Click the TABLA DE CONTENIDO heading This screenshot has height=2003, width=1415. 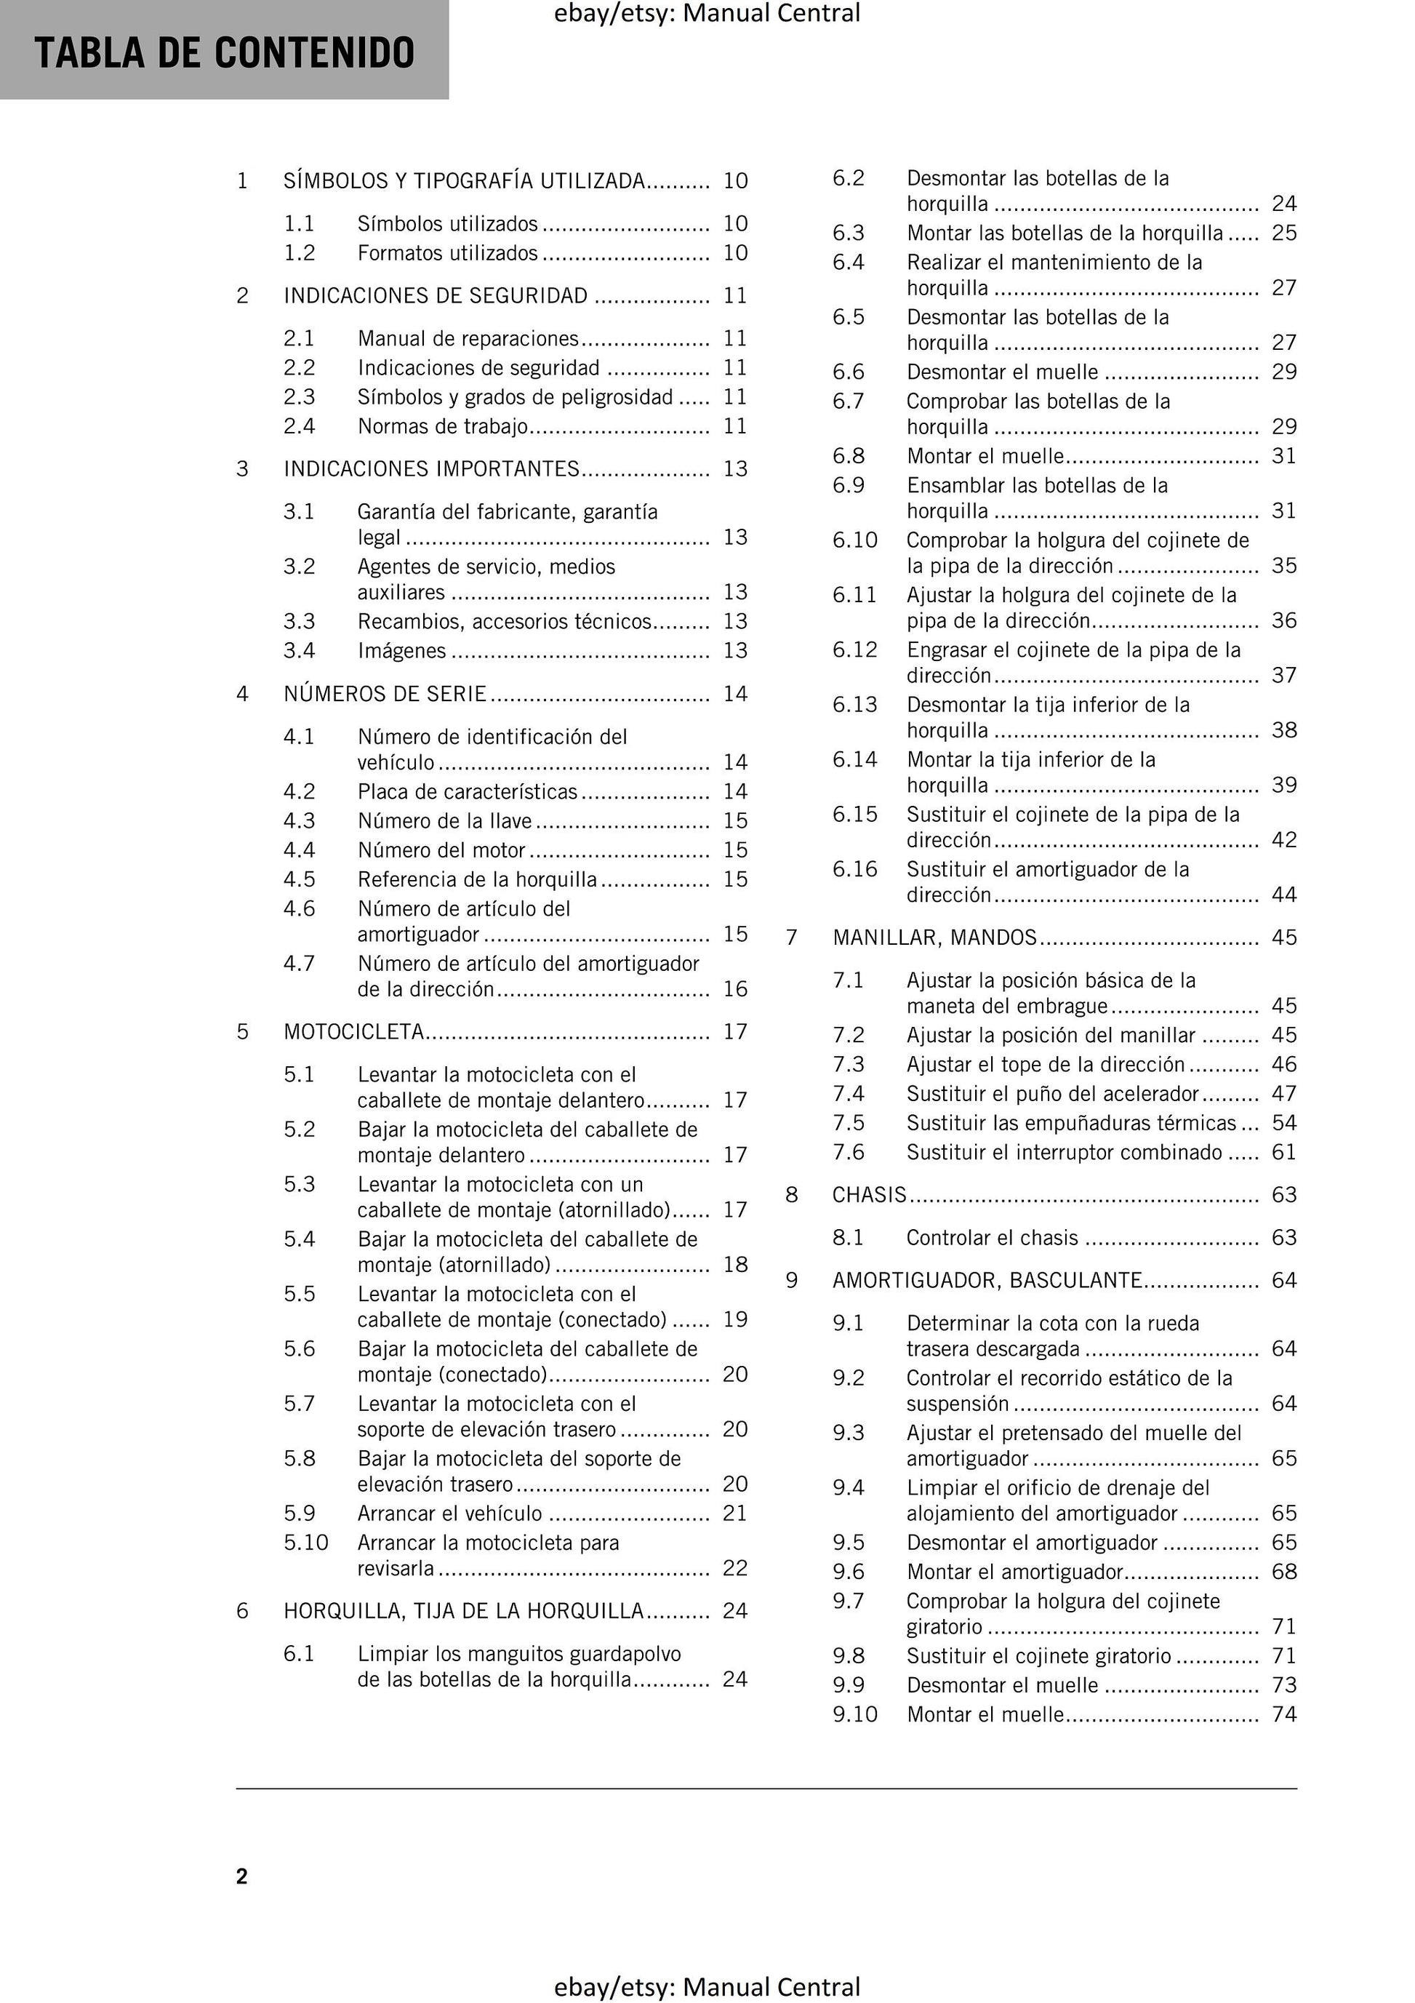pyautogui.click(x=224, y=52)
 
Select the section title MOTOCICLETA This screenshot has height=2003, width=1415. pyautogui.click(x=353, y=1032)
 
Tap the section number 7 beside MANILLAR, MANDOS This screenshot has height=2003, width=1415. pyautogui.click(x=791, y=937)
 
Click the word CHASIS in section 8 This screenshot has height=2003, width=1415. pyautogui.click(x=869, y=1195)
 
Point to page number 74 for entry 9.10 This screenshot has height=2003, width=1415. pyautogui.click(x=1284, y=1714)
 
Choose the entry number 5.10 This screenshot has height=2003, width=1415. pyautogui.click(x=305, y=1543)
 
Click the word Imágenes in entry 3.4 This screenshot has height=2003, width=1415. pyautogui.click(x=401, y=651)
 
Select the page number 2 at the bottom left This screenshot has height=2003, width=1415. pyautogui.click(x=241, y=1876)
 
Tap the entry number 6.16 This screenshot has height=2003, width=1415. pyautogui.click(x=854, y=870)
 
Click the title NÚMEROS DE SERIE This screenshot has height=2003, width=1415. pyautogui.click(x=385, y=695)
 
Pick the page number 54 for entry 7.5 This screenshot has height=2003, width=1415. pyautogui.click(x=1284, y=1123)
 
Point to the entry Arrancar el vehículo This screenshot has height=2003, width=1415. pyautogui.click(x=449, y=1514)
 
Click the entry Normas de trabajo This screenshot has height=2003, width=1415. pyautogui.click(x=442, y=427)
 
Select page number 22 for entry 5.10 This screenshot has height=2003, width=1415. pyautogui.click(x=734, y=1569)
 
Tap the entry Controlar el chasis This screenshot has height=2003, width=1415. pyautogui.click(x=992, y=1238)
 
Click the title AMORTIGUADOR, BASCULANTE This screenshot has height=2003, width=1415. pyautogui.click(x=987, y=1281)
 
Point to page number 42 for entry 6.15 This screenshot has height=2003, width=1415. pyautogui.click(x=1284, y=840)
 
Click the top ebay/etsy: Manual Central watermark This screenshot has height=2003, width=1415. pyautogui.click(x=707, y=13)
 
